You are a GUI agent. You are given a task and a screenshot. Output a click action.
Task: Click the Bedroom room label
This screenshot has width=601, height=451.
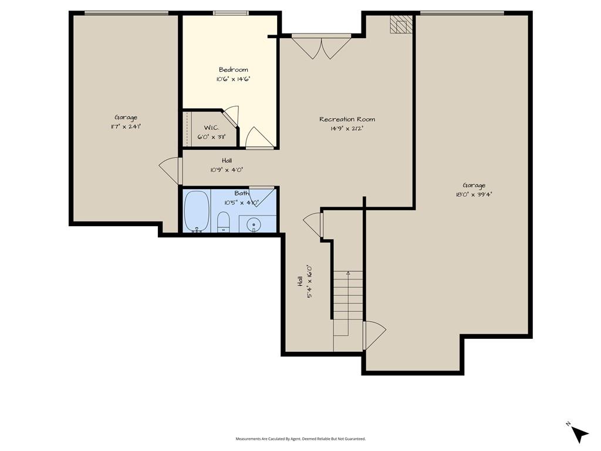[234, 69]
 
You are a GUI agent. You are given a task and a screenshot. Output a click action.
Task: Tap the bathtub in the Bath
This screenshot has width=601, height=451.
[197, 211]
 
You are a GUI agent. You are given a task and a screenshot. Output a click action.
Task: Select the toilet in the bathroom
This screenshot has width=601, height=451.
[223, 222]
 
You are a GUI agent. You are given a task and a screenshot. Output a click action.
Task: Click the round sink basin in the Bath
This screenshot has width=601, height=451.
[254, 224]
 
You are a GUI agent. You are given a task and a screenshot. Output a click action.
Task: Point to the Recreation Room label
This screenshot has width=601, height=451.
[347, 119]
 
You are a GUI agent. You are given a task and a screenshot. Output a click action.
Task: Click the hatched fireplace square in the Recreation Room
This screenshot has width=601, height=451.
[401, 24]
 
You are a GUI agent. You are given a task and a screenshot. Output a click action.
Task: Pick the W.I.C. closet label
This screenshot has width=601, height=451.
[211, 127]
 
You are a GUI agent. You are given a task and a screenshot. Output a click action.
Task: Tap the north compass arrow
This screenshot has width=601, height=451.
[579, 434]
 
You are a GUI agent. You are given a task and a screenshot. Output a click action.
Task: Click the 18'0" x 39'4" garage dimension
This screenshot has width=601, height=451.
[474, 194]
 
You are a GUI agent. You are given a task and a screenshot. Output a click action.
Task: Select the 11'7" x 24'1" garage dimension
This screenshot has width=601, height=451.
[126, 127]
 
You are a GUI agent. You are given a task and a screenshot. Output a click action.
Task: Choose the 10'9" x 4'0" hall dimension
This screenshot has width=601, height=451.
[227, 170]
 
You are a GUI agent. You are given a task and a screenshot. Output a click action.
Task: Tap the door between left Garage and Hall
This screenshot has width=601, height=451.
[170, 171]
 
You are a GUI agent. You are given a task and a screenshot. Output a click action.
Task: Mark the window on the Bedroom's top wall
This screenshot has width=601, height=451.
[231, 14]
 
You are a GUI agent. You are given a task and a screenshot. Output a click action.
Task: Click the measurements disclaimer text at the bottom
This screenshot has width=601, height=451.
[300, 439]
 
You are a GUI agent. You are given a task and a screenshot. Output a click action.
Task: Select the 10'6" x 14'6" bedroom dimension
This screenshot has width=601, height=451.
[234, 79]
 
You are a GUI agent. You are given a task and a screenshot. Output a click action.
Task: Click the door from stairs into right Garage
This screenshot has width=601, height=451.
[374, 335]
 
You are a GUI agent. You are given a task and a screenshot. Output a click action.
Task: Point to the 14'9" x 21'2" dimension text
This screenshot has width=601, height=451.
[347, 129]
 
